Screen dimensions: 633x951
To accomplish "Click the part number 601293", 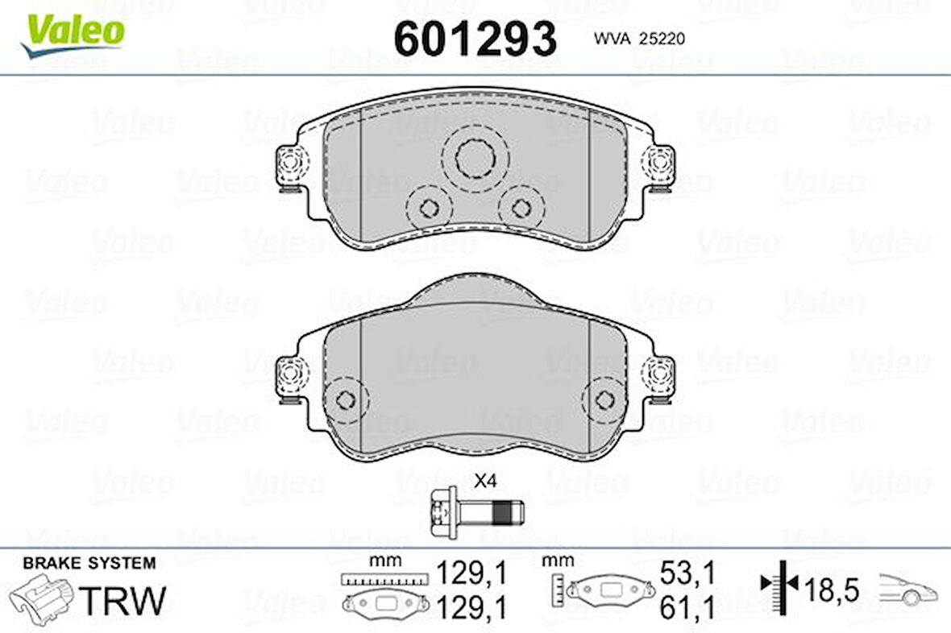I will click(x=475, y=38).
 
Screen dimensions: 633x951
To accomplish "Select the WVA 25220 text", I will click(x=639, y=39).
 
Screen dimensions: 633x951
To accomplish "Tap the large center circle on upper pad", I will click(x=475, y=158).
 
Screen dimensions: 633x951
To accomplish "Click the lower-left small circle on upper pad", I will click(x=429, y=209).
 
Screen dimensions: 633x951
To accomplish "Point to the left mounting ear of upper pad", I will click(x=290, y=164).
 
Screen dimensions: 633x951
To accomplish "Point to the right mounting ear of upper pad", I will click(x=660, y=164).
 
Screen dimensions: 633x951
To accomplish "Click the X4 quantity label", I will click(x=484, y=482).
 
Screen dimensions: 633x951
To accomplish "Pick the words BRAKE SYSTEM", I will click(x=89, y=563).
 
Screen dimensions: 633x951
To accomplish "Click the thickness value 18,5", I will click(x=833, y=591).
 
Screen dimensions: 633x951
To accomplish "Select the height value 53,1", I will click(x=687, y=573).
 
